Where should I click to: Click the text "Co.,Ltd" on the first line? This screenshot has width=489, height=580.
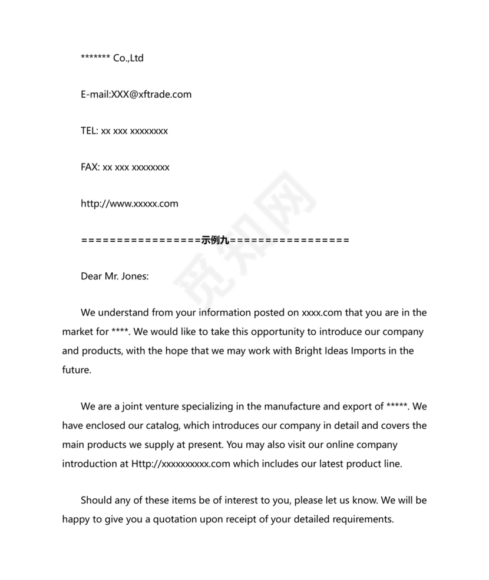pos(128,58)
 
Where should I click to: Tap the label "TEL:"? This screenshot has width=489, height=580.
pos(89,131)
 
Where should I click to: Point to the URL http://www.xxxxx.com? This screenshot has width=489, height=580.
pos(129,204)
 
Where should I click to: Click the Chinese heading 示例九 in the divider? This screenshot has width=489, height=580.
pos(214,240)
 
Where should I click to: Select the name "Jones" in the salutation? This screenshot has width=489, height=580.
pos(135,276)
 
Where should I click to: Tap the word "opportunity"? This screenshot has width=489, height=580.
pos(279,331)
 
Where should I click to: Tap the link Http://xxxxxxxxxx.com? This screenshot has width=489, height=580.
pos(180,464)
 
